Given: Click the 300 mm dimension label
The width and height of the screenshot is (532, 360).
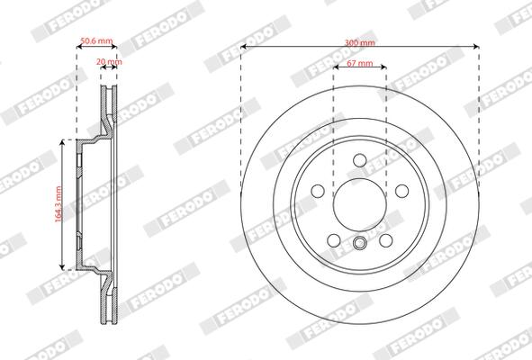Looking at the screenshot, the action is [360, 43].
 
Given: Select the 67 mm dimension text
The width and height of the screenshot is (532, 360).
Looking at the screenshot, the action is [360, 63].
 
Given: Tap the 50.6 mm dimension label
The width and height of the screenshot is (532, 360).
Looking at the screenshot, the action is [96, 41].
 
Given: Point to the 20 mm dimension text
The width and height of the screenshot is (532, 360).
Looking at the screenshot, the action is [109, 62].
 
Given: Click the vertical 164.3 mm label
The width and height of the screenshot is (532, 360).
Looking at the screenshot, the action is [59, 204].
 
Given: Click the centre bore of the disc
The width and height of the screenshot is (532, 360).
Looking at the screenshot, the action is [360, 204].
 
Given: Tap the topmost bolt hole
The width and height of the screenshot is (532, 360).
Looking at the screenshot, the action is [360, 160].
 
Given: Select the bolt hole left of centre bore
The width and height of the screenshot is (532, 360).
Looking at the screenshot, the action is [318, 191].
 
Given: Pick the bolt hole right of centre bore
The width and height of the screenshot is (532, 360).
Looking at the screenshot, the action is [402, 191].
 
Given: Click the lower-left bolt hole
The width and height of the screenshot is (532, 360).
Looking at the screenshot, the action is [334, 240].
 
